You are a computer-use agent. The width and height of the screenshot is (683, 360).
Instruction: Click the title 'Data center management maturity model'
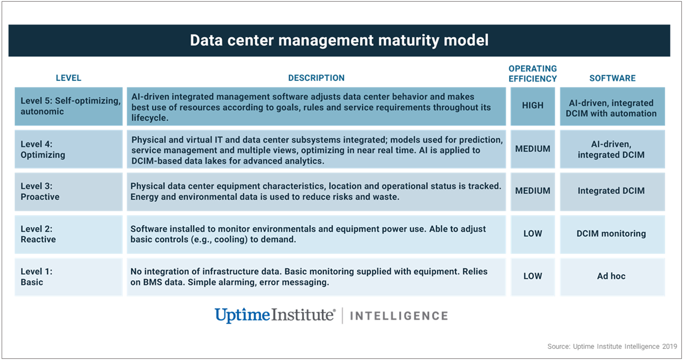click(339, 40)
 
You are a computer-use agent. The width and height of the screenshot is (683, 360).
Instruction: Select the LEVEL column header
click(69, 78)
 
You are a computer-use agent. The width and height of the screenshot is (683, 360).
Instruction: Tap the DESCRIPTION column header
click(316, 78)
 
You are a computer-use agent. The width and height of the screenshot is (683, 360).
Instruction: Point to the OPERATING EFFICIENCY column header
click(532, 73)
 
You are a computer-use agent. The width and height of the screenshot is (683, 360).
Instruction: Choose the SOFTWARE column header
click(612, 78)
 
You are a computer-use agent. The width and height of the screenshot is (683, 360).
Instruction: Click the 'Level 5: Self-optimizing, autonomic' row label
click(71, 106)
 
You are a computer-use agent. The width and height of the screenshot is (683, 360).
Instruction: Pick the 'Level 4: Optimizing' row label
click(43, 150)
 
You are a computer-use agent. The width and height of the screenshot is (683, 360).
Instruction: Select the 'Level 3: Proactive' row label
click(40, 191)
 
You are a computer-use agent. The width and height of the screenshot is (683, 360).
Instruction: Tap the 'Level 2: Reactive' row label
click(38, 234)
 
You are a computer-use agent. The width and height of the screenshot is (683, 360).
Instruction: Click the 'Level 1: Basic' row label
click(36, 277)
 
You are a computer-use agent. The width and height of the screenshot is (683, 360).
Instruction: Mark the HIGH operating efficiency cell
click(532, 106)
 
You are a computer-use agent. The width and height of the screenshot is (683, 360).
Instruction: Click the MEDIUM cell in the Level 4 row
click(532, 149)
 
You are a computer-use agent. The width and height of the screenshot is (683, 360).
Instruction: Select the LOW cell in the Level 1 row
click(532, 276)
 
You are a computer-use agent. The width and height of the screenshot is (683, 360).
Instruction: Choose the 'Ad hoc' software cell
click(611, 276)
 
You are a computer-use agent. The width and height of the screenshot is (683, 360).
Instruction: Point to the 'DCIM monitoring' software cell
click(611, 234)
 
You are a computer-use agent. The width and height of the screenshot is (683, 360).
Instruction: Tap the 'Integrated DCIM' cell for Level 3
click(611, 191)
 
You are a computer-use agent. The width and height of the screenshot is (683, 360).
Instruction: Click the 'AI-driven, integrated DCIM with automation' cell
click(611, 108)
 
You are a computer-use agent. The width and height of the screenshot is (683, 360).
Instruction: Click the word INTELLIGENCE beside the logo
click(399, 316)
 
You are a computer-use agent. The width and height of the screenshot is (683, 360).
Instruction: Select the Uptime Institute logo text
click(275, 315)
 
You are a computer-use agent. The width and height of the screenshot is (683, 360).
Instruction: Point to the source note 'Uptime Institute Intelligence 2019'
click(625, 347)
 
